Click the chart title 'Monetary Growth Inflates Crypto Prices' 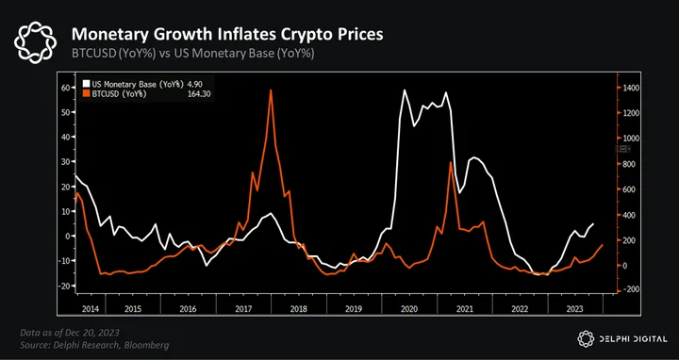[x=227, y=34]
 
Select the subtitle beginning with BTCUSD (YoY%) [x=192, y=54]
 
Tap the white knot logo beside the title [x=35, y=42]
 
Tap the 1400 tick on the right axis [x=631, y=88]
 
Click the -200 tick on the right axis [x=631, y=289]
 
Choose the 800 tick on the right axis [x=628, y=164]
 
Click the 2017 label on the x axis [x=244, y=309]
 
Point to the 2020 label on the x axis [x=409, y=309]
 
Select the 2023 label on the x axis [x=574, y=309]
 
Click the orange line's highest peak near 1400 [x=271, y=90]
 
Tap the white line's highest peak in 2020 [x=405, y=90]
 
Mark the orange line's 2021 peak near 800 [x=451, y=162]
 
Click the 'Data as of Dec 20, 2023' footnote [x=70, y=333]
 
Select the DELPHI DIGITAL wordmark [x=634, y=339]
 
